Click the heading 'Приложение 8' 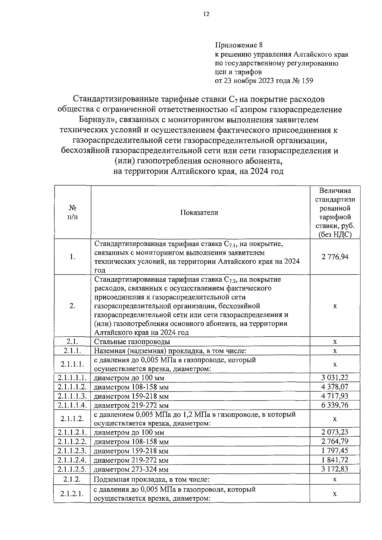[239, 45]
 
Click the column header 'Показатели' [199, 213]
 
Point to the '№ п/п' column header [73, 212]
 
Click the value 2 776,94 [335, 257]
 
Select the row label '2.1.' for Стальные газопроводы [73, 341]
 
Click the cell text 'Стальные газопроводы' [132, 342]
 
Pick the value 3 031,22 [335, 378]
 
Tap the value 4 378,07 [335, 387]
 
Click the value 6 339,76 [335, 405]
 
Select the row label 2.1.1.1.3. [73, 396]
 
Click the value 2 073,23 [335, 432]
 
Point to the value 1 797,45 [335, 451]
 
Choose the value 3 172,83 [335, 469]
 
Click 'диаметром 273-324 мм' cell [131, 469]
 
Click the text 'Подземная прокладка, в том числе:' [151, 479]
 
